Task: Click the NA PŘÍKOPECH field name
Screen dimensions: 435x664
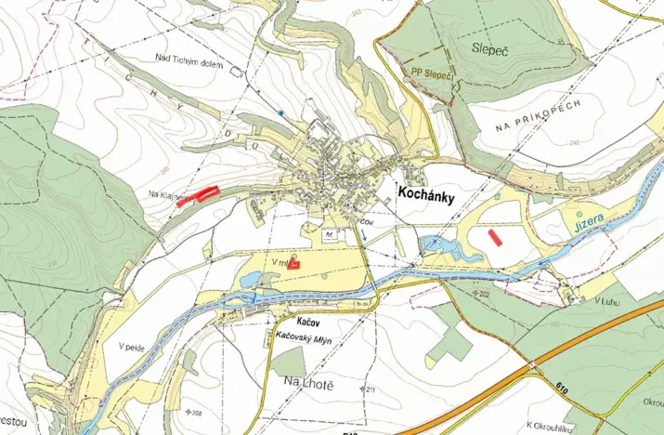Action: point(537,117)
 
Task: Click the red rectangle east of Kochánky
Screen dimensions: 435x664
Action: point(496,237)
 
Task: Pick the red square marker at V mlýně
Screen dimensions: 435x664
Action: point(294,264)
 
